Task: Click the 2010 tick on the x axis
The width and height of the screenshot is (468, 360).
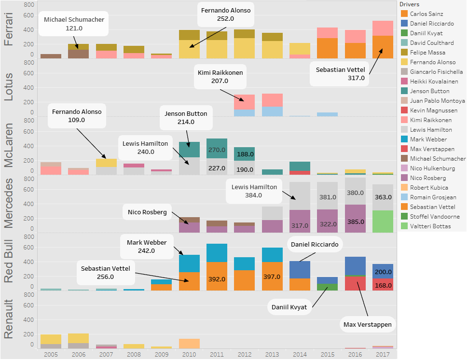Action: pyautogui.click(x=189, y=354)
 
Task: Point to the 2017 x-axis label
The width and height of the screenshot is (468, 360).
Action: pyautogui.click(x=383, y=354)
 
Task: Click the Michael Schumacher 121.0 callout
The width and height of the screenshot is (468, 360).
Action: pyautogui.click(x=74, y=24)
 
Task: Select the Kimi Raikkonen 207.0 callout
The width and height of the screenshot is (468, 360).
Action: pyautogui.click(x=220, y=77)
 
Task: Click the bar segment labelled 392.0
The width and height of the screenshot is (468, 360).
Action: pyautogui.click(x=217, y=278)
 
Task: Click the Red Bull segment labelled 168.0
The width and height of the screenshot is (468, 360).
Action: pyautogui.click(x=383, y=285)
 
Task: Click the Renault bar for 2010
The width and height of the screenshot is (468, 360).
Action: pyautogui.click(x=189, y=343)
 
